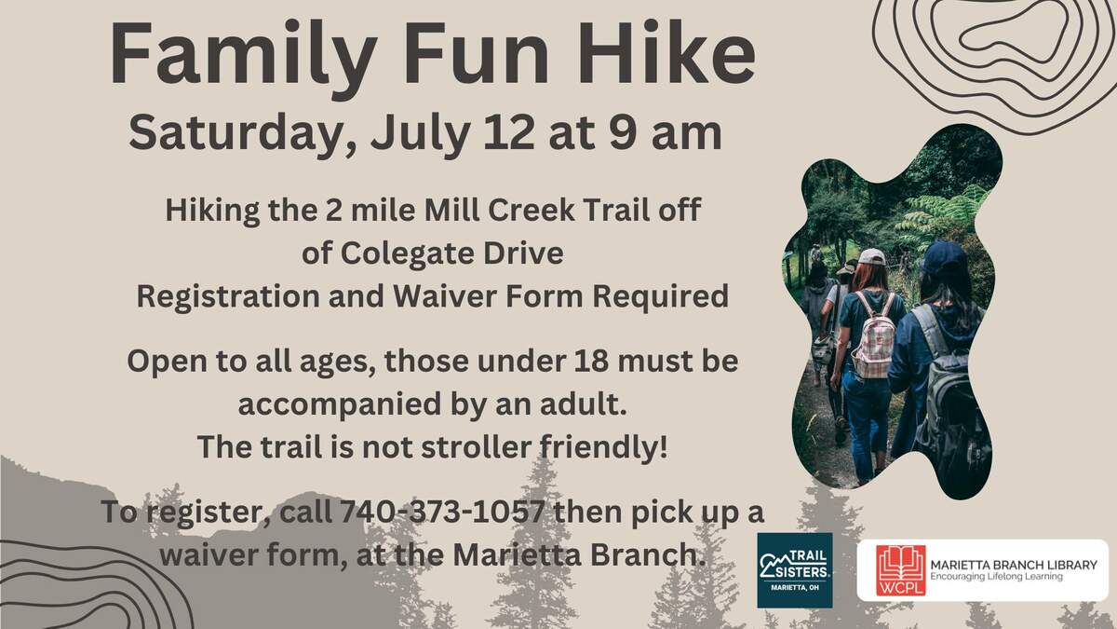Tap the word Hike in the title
coord(666,52)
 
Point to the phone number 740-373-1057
coord(441,512)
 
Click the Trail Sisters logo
coord(795,570)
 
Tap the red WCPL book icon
coord(901,570)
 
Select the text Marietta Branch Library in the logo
coord(1014,565)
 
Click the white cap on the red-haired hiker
coord(871,256)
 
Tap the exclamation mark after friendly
coord(663,446)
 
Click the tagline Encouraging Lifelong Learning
coord(996,577)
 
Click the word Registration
coord(228,297)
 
